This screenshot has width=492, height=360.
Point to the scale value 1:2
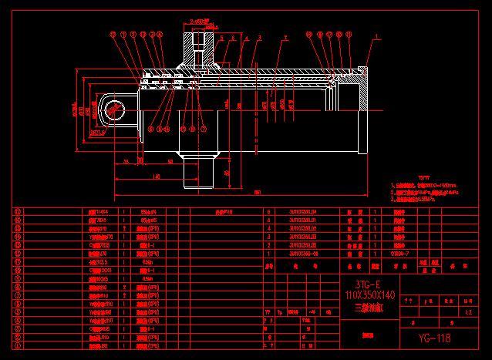470,312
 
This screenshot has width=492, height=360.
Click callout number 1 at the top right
377,35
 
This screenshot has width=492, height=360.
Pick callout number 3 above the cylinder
260,36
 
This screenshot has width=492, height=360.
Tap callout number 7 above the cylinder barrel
285,35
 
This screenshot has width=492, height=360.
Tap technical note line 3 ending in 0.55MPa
416,197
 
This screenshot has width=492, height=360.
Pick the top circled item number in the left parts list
18,210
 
